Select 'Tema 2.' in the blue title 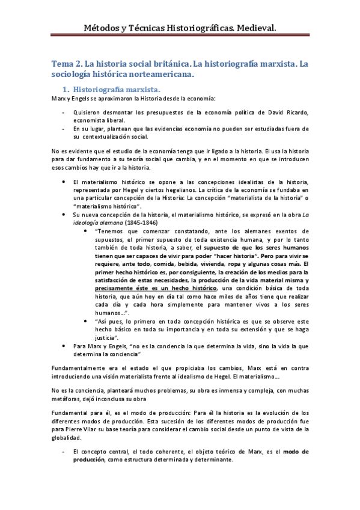point(64,63)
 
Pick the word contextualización point(110,137)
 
